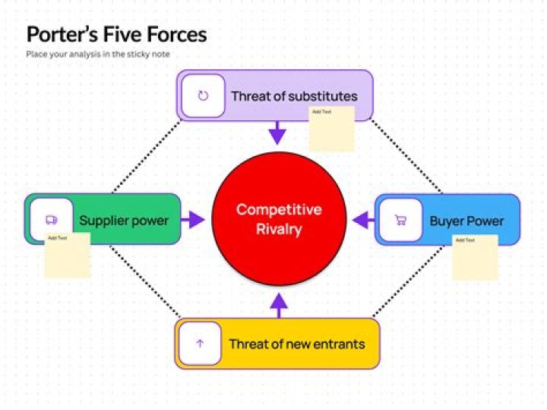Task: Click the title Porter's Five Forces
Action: point(116,34)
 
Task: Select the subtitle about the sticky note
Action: point(98,55)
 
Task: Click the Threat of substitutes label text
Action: point(294,97)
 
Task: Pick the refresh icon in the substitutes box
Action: point(203,97)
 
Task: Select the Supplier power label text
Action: point(124,221)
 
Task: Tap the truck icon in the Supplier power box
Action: point(51,220)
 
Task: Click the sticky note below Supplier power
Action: point(67,256)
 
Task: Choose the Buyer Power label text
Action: point(466,221)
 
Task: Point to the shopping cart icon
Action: point(400,221)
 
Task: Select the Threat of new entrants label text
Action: point(296,344)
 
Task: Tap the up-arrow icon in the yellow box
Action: point(200,344)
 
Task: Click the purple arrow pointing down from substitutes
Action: point(278,132)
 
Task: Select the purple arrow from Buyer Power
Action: point(364,221)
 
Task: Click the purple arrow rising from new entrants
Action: point(280,305)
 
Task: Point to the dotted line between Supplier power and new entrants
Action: point(144,281)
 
